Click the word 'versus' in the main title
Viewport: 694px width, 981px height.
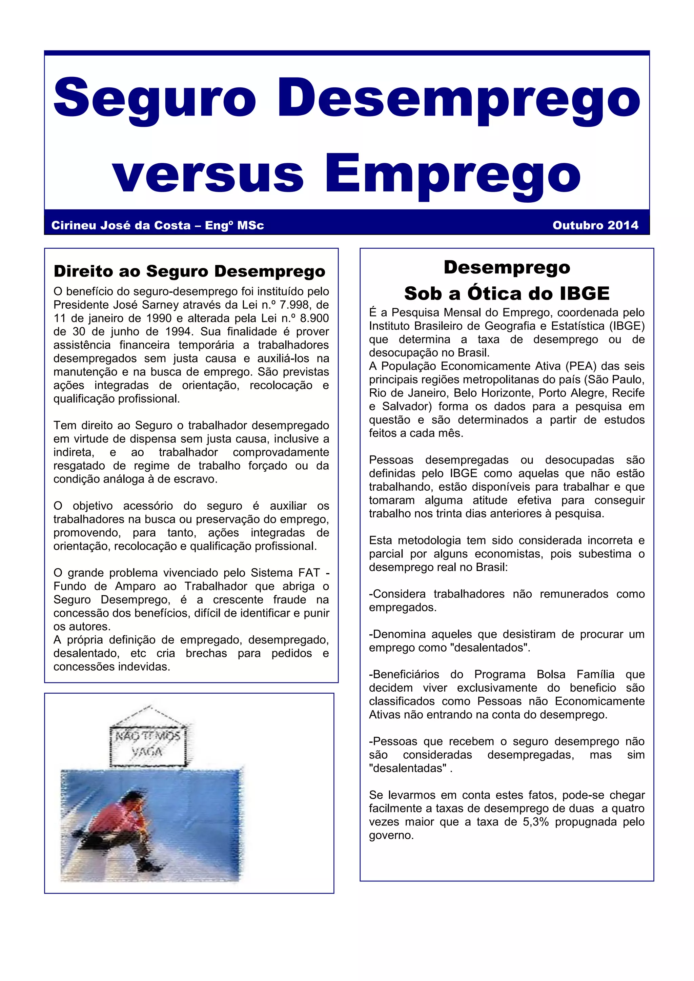[208, 174]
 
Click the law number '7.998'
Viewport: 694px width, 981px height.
[296, 305]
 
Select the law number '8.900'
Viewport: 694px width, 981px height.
[314, 318]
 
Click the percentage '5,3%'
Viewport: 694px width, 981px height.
[535, 822]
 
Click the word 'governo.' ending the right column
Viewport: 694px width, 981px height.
[391, 835]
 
